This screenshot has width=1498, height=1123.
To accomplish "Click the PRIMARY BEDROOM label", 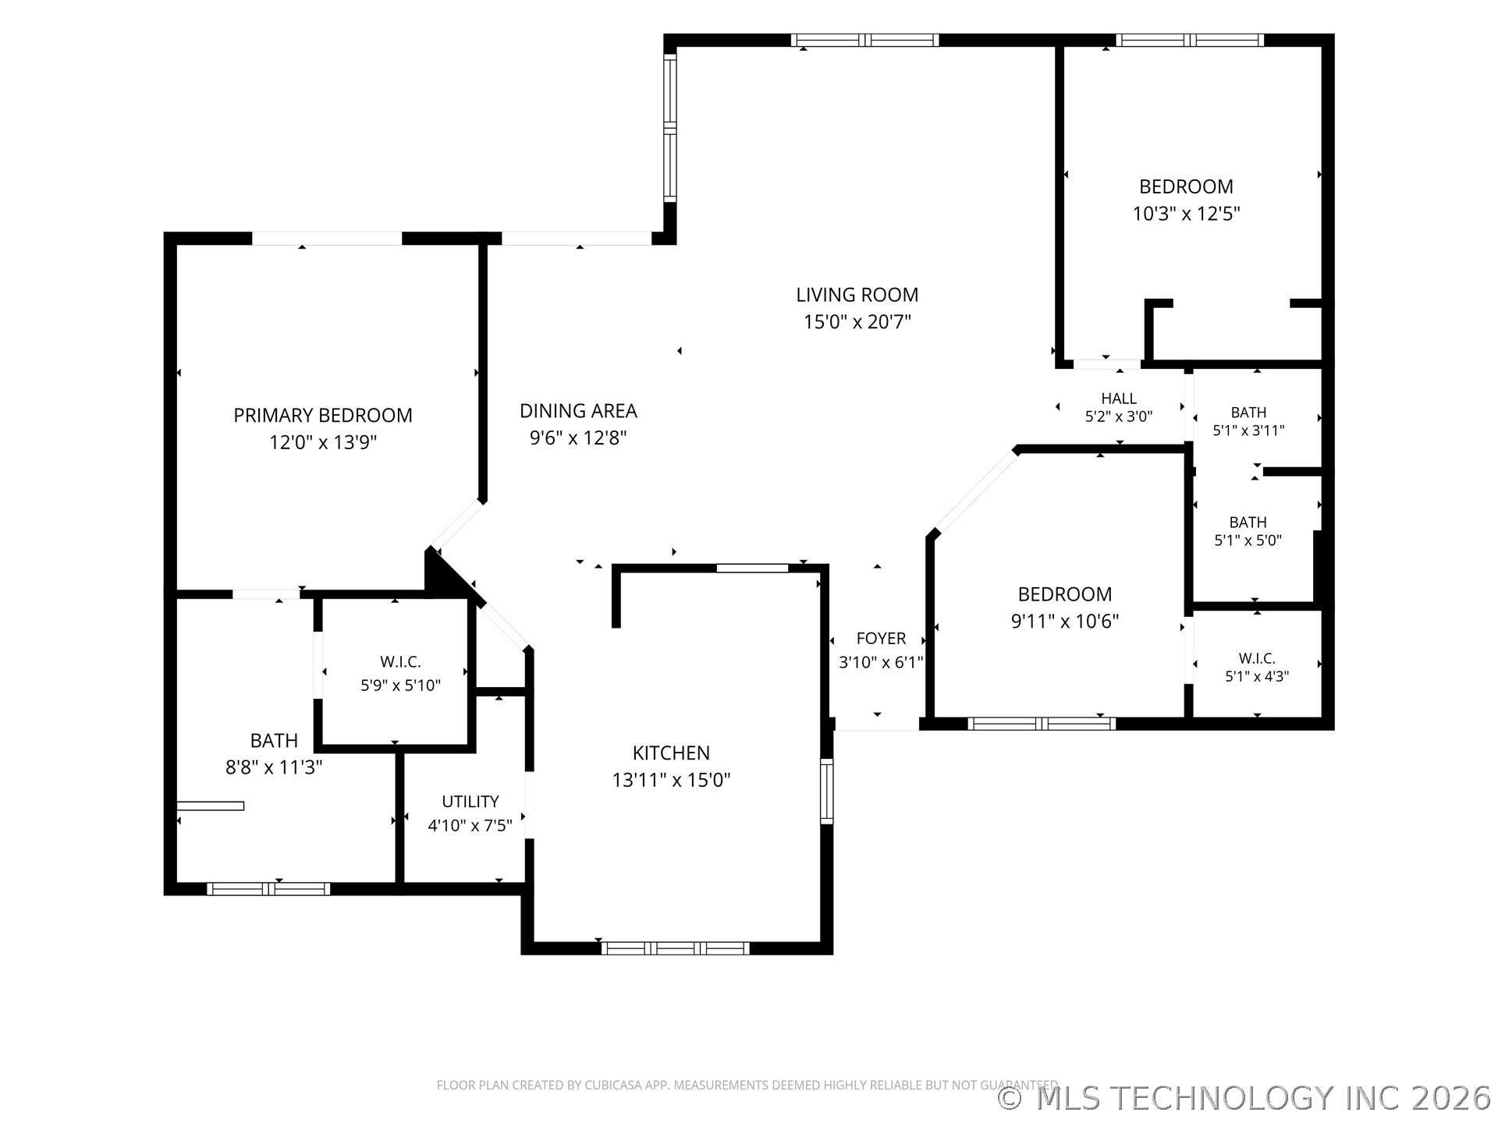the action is (x=323, y=415).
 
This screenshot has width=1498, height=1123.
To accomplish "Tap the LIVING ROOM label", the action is (x=857, y=295).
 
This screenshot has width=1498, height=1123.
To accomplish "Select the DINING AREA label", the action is (x=578, y=410).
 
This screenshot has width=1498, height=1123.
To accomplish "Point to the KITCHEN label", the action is (x=671, y=753).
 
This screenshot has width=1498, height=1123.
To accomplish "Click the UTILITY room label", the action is (x=470, y=801).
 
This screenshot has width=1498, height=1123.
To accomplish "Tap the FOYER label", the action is (x=881, y=638).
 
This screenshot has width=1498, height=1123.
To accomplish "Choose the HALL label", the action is (x=1119, y=399).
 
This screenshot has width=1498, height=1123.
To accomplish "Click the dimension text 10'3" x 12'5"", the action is (x=1186, y=214).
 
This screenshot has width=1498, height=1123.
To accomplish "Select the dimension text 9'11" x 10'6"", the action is (x=1064, y=622).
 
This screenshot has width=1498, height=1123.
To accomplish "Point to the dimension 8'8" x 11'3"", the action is (x=274, y=767).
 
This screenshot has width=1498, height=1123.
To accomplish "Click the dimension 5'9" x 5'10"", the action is (x=400, y=685).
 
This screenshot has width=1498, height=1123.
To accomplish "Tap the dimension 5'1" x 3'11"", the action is (x=1248, y=430).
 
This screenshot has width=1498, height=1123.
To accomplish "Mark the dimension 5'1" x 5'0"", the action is (x=1248, y=540).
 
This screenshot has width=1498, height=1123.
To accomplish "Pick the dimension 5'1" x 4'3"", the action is (x=1256, y=676).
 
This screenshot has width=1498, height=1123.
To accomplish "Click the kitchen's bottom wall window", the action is (x=675, y=948).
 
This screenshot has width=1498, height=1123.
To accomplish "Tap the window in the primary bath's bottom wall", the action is (x=268, y=889).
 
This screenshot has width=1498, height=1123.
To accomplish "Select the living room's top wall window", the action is (x=864, y=41).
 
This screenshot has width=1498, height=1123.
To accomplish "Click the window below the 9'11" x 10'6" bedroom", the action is (x=1042, y=724).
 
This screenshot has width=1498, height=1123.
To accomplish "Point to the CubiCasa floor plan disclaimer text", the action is (x=747, y=1085).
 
